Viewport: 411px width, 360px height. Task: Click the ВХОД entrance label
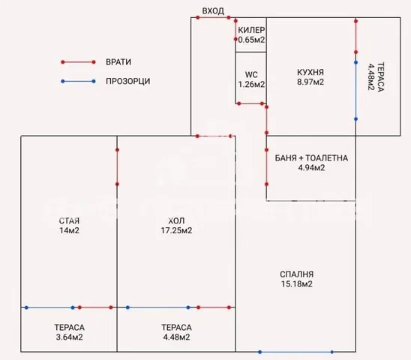tap(213, 11)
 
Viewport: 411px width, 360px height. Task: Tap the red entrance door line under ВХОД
tap(213, 17)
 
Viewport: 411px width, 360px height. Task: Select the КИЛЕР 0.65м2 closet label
tap(251, 34)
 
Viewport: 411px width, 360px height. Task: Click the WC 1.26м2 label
tap(251, 79)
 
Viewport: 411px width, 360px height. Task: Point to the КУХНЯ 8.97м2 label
tap(310, 77)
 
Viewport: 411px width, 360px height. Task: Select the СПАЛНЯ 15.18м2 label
tap(297, 279)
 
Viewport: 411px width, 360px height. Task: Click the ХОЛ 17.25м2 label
tap(176, 226)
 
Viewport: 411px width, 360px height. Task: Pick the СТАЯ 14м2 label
tap(69, 226)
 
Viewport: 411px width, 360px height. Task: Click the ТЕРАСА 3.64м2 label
tap(70, 332)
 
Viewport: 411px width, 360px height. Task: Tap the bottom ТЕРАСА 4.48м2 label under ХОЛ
tap(176, 332)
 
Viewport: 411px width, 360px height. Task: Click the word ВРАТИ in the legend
tap(118, 62)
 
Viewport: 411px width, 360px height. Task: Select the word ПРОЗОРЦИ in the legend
tap(128, 81)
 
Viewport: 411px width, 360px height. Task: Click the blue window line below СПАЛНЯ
tap(296, 352)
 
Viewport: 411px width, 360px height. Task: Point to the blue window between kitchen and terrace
tap(355, 91)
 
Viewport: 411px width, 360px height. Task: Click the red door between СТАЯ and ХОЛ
tap(117, 167)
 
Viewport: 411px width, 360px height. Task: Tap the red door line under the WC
tap(250, 103)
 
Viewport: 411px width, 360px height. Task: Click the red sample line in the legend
tap(78, 62)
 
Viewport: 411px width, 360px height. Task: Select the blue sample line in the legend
tap(78, 81)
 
